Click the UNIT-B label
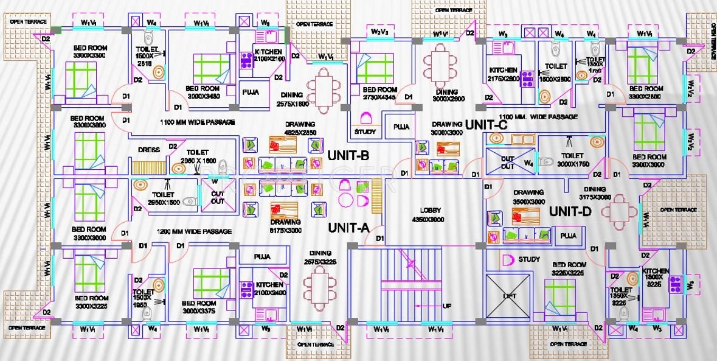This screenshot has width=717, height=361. pos(348,155)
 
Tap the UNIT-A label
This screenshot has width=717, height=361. pos(348,228)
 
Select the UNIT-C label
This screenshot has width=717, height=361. pos(491,124)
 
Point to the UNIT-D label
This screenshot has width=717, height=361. pos(570,212)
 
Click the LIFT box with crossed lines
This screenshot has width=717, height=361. pos(509,296)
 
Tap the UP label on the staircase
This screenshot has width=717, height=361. pos(447,306)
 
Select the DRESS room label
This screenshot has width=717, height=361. pos(148,150)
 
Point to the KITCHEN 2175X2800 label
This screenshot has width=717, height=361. pos(503,74)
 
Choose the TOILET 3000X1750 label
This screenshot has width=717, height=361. pos(569,159)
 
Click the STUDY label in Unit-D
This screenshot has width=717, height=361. pos(529,259)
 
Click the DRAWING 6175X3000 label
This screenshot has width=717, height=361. pos(285,226)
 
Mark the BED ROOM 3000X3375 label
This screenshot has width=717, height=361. pos(199,307)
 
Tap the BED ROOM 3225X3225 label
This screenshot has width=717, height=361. pos(569,269)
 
